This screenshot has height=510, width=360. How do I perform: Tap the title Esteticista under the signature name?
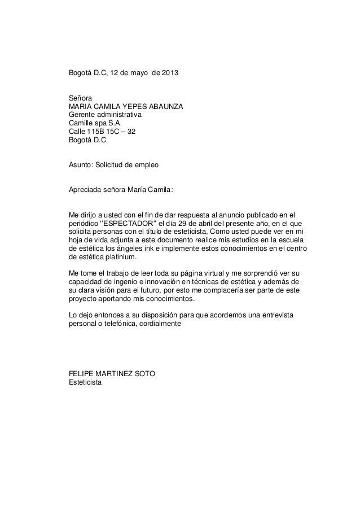pyautogui.click(x=85, y=382)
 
